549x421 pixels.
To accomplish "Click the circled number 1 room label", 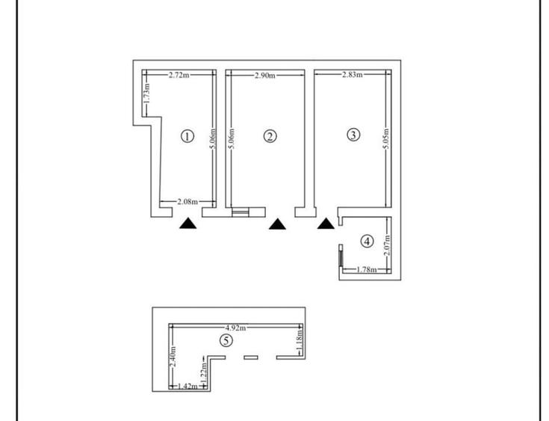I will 187,136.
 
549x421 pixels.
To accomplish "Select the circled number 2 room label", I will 270,136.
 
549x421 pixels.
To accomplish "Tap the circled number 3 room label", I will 354,135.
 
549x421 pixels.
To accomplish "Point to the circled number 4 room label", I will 366,241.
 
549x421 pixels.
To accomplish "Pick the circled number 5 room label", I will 227,340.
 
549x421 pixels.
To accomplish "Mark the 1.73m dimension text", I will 147,93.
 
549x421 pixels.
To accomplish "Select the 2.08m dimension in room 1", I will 188,202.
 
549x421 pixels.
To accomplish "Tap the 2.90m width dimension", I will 265,76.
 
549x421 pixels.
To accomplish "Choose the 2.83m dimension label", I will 352,75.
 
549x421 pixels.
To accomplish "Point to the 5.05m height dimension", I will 385,138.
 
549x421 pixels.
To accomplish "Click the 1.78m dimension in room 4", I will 365,270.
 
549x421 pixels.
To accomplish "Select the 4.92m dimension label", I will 236,327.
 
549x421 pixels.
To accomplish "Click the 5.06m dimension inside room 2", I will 232,138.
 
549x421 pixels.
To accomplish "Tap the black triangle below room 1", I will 188,222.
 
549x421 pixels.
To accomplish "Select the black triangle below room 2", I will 278,223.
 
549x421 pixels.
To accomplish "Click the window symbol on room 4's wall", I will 340,256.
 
